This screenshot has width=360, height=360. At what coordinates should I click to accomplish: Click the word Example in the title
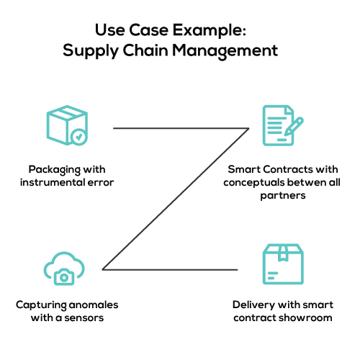[209, 30]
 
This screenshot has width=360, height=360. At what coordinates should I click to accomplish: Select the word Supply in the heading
[91, 51]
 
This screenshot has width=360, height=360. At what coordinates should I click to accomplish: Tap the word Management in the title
[225, 51]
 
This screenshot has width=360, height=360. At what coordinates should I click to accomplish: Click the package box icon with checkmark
[67, 125]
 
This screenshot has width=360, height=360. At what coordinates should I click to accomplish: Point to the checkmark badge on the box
[78, 137]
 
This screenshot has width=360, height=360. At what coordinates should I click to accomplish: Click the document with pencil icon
[283, 125]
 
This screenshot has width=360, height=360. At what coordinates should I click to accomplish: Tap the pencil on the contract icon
[294, 126]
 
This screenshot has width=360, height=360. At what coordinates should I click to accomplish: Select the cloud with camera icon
[64, 269]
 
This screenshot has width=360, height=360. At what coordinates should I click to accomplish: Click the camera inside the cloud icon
[64, 277]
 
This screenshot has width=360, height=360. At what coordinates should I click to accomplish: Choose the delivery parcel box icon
[283, 264]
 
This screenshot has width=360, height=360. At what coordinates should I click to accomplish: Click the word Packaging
[54, 170]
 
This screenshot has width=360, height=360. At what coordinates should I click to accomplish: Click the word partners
[283, 196]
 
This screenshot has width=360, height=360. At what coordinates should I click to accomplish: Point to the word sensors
[84, 318]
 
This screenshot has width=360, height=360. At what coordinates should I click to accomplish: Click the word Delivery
[253, 305]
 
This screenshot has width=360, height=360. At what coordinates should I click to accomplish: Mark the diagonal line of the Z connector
[176, 199]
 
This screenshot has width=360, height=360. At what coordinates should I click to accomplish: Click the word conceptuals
[253, 183]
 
